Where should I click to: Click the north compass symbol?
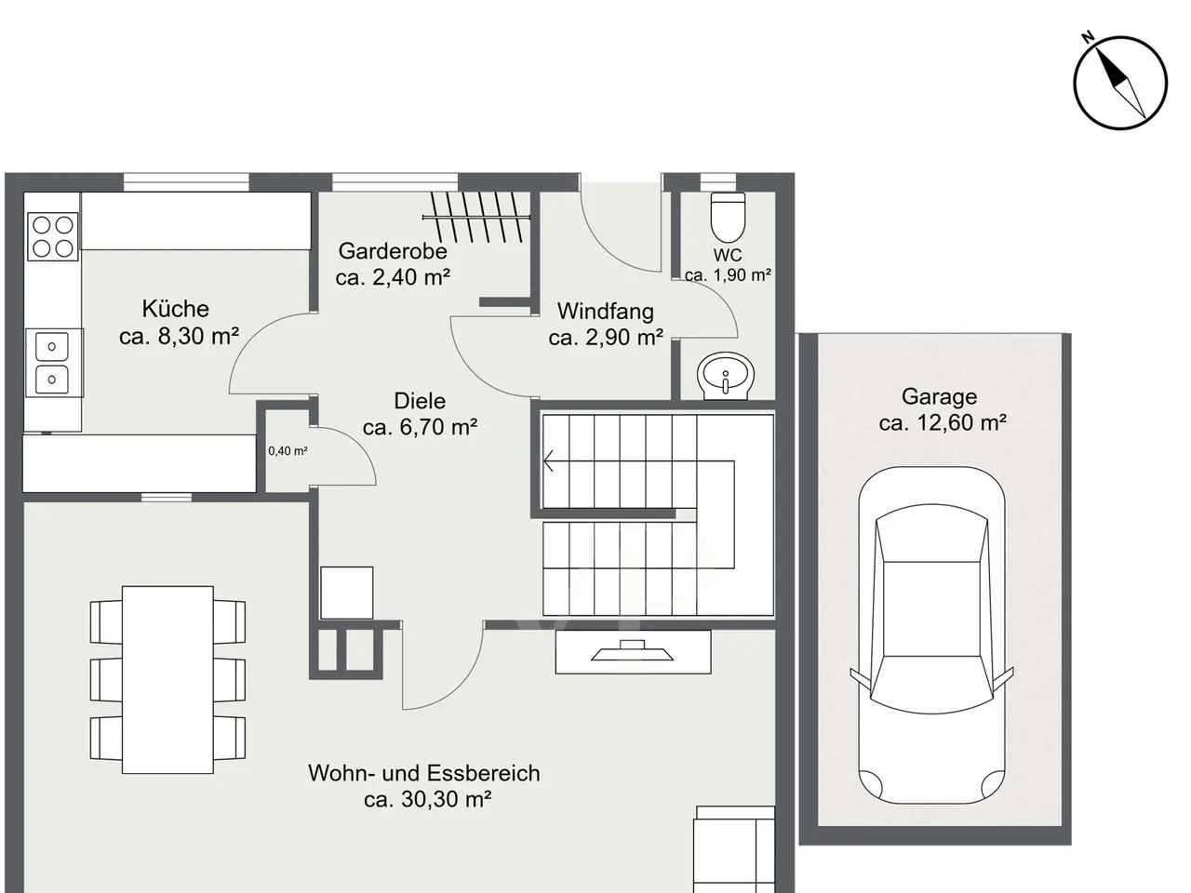click(1120, 83)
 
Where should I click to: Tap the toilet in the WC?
click(729, 217)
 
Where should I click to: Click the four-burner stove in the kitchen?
click(53, 237)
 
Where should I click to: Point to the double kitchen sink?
click(52, 363)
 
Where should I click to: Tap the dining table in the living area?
click(167, 679)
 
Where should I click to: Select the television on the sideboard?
click(632, 650)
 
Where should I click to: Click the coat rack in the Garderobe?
click(476, 217)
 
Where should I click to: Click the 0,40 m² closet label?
click(288, 450)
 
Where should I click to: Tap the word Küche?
click(175, 309)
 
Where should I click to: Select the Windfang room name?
click(606, 312)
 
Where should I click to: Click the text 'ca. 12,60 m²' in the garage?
click(943, 422)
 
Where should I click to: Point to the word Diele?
click(420, 401)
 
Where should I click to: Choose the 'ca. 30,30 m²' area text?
click(428, 799)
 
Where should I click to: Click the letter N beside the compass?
click(1088, 37)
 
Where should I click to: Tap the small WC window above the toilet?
click(717, 182)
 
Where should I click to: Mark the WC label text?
click(727, 254)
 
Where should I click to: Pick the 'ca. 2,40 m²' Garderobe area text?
click(393, 277)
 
